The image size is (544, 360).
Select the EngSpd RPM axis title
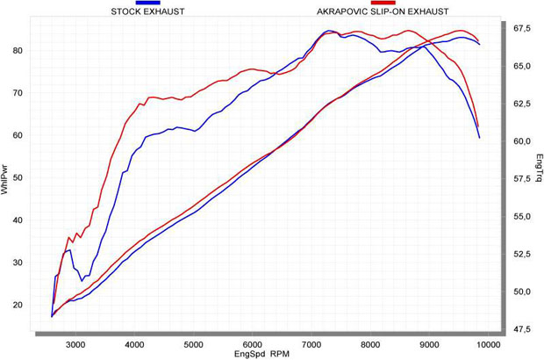[x=261, y=354]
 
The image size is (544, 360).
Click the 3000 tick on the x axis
[x=75, y=344]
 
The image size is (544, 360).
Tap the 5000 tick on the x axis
[x=194, y=344]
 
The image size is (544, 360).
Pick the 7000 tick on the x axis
[x=311, y=344]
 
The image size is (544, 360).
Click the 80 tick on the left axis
[x=17, y=50]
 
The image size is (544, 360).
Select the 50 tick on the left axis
[x=17, y=177]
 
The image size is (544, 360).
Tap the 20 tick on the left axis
[x=17, y=305]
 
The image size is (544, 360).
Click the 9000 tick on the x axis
[x=429, y=344]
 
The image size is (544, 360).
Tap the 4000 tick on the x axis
[x=134, y=344]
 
